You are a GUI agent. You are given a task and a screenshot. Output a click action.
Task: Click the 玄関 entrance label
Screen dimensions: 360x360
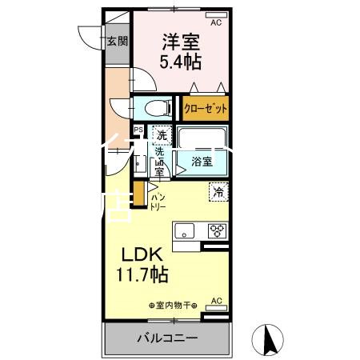click(x=117, y=42)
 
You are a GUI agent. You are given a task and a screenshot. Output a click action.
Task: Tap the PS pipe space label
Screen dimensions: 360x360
click(x=138, y=130)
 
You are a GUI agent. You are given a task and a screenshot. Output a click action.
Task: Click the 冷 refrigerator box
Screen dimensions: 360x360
click(x=217, y=192)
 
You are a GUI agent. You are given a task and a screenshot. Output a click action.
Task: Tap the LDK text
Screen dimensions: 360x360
click(x=142, y=255)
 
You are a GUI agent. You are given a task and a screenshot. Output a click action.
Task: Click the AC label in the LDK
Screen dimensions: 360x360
click(x=215, y=302)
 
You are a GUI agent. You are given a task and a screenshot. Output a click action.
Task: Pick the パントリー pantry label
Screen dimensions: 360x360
click(x=158, y=201)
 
